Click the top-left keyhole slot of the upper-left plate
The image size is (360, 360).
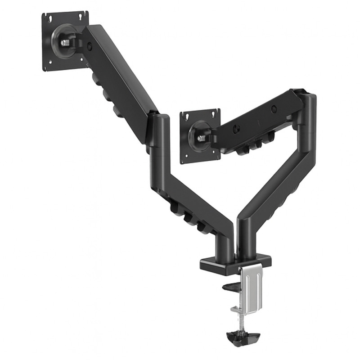click(x=50, y=18)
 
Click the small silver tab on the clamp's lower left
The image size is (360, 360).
click(x=236, y=310)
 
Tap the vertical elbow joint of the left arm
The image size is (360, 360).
click(x=160, y=135)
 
